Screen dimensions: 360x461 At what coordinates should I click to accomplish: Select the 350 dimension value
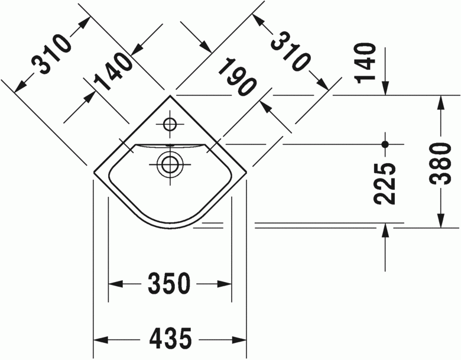[x=170, y=284]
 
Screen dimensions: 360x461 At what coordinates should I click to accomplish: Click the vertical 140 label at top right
[x=366, y=62]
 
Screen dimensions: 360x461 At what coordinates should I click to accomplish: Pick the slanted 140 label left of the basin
[x=113, y=72]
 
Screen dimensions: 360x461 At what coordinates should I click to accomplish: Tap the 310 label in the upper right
[x=291, y=51]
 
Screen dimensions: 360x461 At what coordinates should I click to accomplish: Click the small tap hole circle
[x=170, y=124]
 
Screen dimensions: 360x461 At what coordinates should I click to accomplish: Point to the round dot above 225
[x=385, y=144]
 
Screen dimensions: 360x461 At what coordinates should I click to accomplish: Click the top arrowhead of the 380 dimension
[x=441, y=102]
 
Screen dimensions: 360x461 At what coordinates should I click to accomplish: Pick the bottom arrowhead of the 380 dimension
[x=441, y=220]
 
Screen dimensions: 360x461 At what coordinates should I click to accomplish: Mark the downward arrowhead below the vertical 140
[x=385, y=87]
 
